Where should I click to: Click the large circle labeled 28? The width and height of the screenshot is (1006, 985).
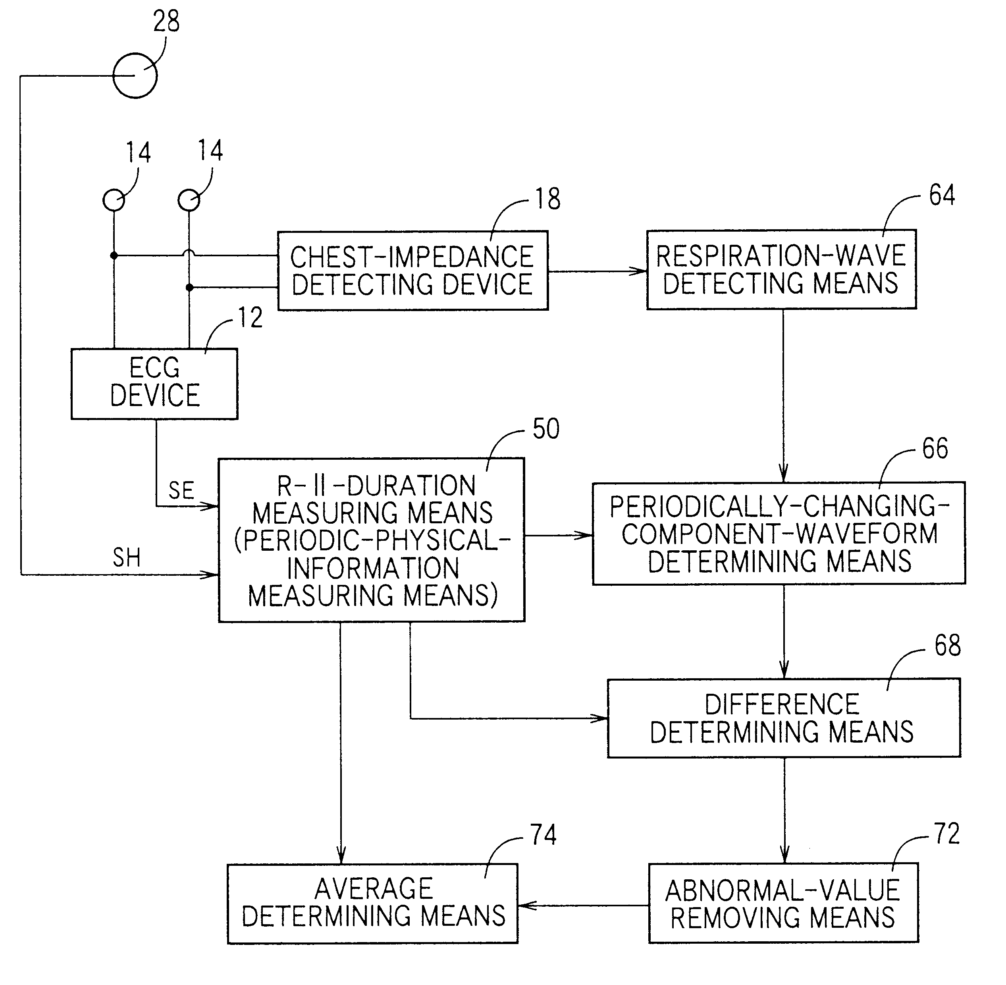pyautogui.click(x=135, y=75)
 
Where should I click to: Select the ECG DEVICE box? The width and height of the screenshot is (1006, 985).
pyautogui.click(x=154, y=383)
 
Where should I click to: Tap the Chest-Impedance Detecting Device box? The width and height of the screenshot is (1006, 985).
pyautogui.click(x=412, y=271)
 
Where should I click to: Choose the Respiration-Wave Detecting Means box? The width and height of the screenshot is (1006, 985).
pyautogui.click(x=781, y=269)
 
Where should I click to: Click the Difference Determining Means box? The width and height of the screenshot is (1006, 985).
pyautogui.click(x=784, y=718)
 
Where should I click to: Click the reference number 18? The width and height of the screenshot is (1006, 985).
pyautogui.click(x=547, y=199)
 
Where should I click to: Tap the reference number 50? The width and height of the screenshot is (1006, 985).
pyautogui.click(x=546, y=430)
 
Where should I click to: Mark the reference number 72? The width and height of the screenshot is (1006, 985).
pyautogui.click(x=946, y=834)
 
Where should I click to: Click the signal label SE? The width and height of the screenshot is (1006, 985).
pyautogui.click(x=181, y=490)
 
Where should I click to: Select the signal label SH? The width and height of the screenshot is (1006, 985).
pyautogui.click(x=127, y=558)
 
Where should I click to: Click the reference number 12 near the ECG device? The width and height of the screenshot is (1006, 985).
pyautogui.click(x=250, y=317)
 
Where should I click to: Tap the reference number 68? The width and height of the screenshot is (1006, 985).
pyautogui.click(x=948, y=646)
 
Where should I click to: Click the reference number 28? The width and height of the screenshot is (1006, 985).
pyautogui.click(x=166, y=22)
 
